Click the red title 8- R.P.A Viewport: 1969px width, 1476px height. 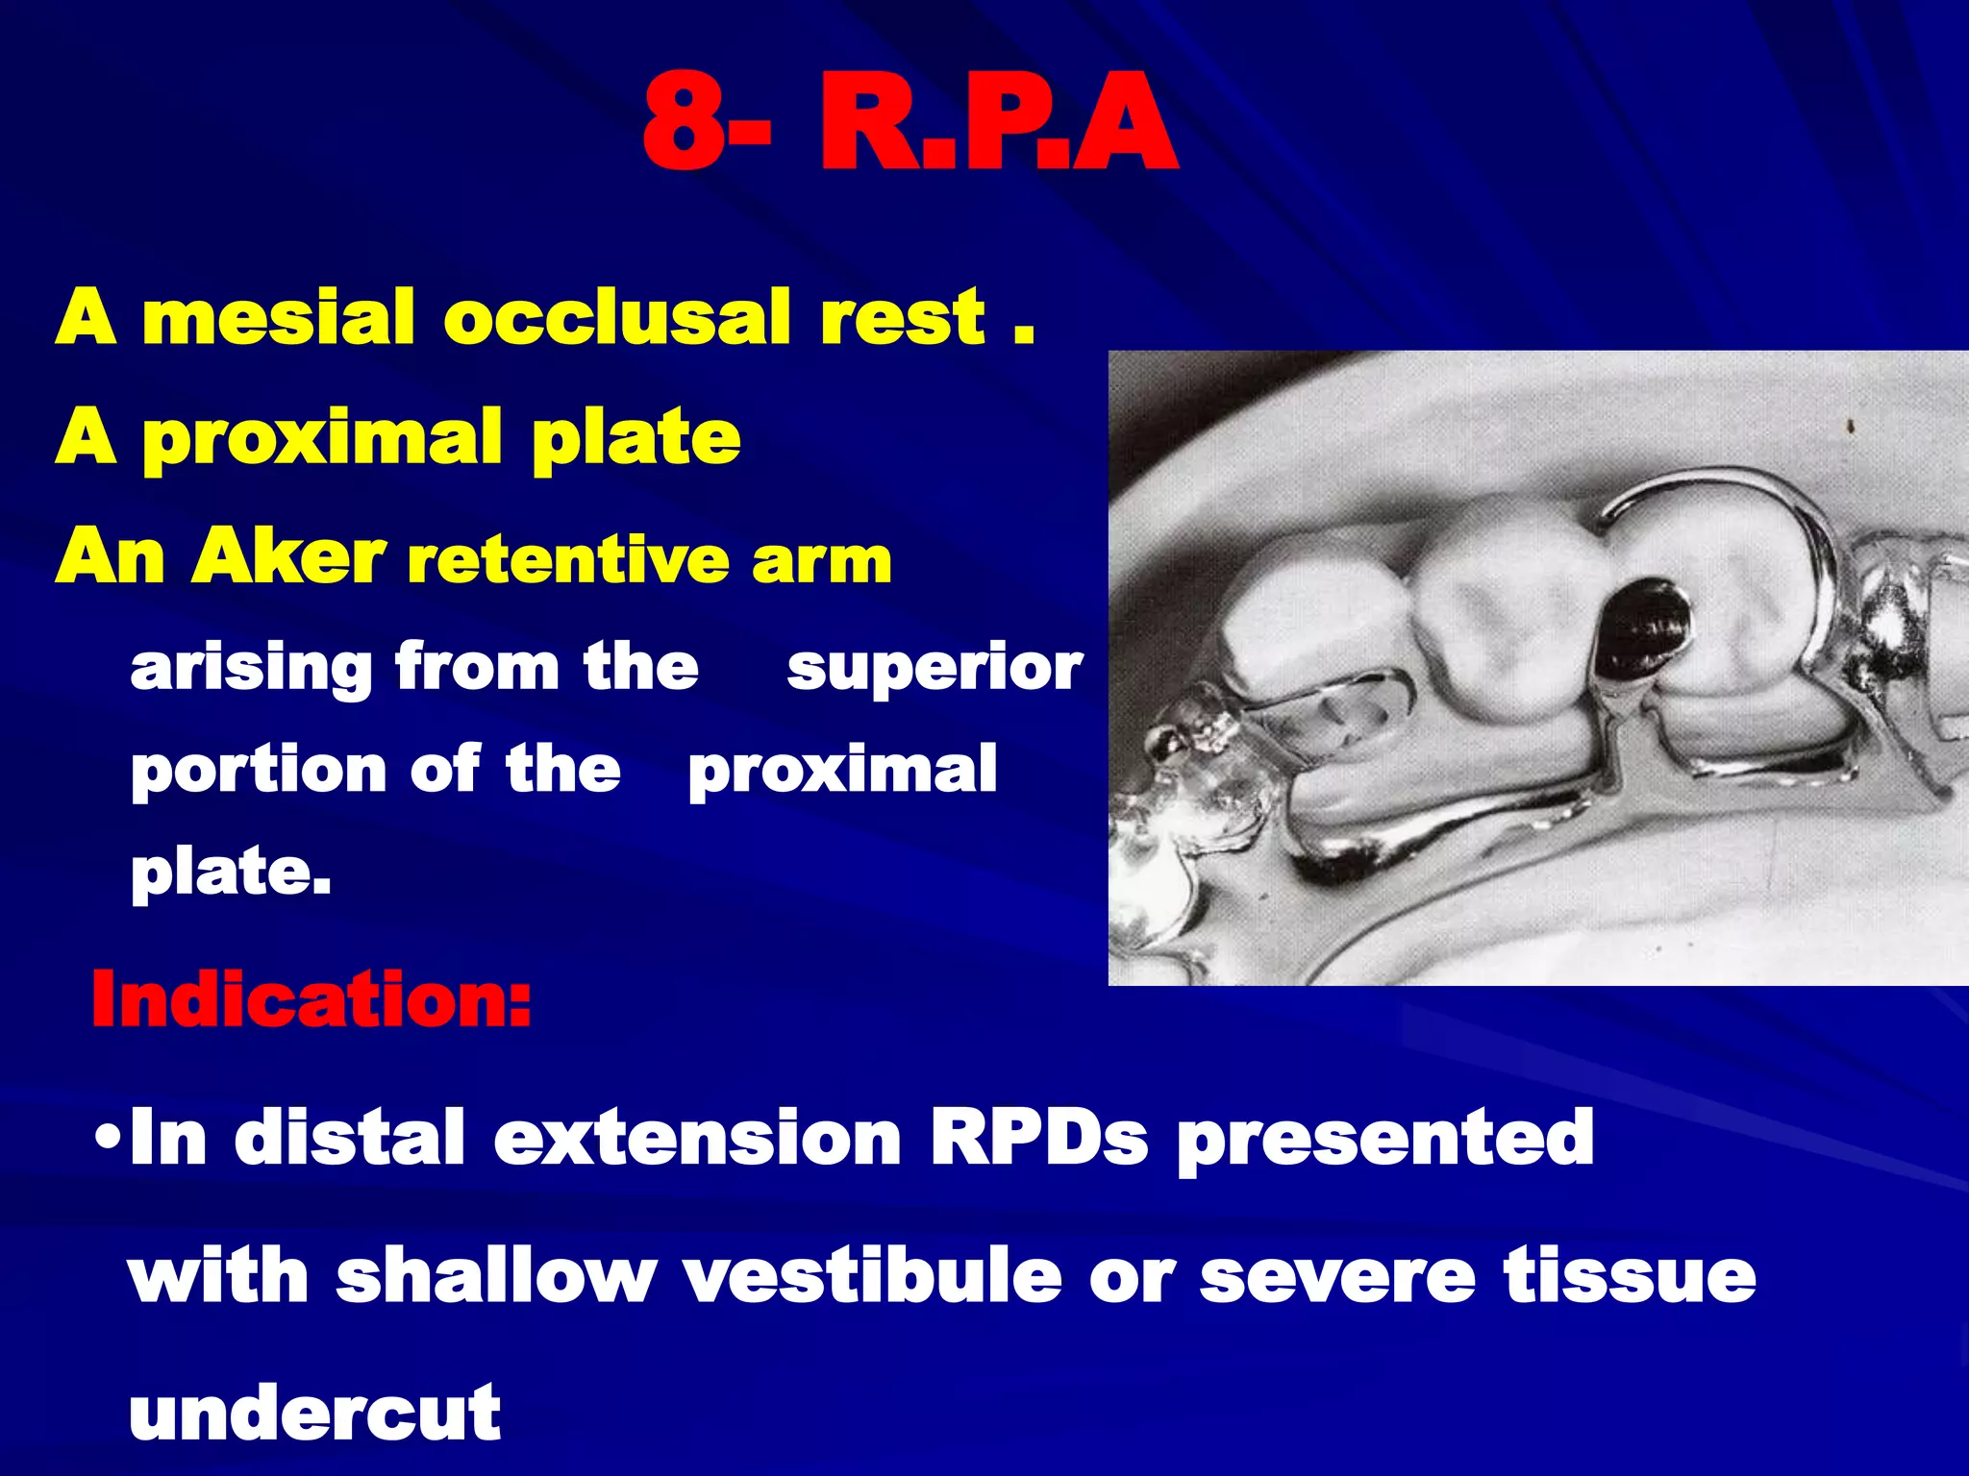pyautogui.click(x=909, y=125)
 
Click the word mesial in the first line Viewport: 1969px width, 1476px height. pyautogui.click(x=278, y=317)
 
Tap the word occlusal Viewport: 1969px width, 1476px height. pyautogui.click(x=616, y=317)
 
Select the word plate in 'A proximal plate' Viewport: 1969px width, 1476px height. pyautogui.click(x=636, y=437)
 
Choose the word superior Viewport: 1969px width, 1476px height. pyautogui.click(x=934, y=667)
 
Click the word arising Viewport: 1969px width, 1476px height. pyautogui.click(x=251, y=667)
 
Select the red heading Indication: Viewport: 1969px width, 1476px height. pyautogui.click(x=310, y=999)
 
